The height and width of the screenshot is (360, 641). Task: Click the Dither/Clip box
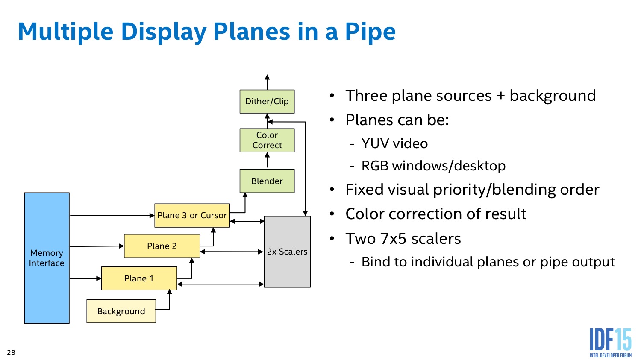(x=267, y=102)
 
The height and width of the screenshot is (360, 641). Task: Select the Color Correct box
(x=267, y=140)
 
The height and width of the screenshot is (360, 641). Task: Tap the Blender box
(x=267, y=181)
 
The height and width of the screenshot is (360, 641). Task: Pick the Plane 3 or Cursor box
(x=192, y=215)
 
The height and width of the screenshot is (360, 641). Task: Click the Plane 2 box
(x=162, y=246)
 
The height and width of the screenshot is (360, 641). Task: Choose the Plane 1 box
(x=139, y=278)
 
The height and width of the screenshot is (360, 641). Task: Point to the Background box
(x=121, y=311)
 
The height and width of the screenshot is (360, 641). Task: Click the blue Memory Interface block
(x=47, y=258)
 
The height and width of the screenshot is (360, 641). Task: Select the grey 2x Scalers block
(x=287, y=252)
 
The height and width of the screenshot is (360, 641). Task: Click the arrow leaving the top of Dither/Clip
(x=267, y=82)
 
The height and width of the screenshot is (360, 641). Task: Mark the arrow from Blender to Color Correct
(x=267, y=161)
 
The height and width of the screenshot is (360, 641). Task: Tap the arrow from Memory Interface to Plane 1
(x=85, y=278)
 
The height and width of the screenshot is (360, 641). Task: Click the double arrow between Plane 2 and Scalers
(x=232, y=252)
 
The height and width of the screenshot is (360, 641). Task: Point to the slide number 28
(x=11, y=352)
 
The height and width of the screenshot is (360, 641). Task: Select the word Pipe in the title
(x=370, y=32)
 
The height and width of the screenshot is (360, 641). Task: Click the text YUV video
(x=394, y=143)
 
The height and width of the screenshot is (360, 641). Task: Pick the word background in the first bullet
(x=553, y=96)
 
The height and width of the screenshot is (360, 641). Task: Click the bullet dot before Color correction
(x=332, y=214)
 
